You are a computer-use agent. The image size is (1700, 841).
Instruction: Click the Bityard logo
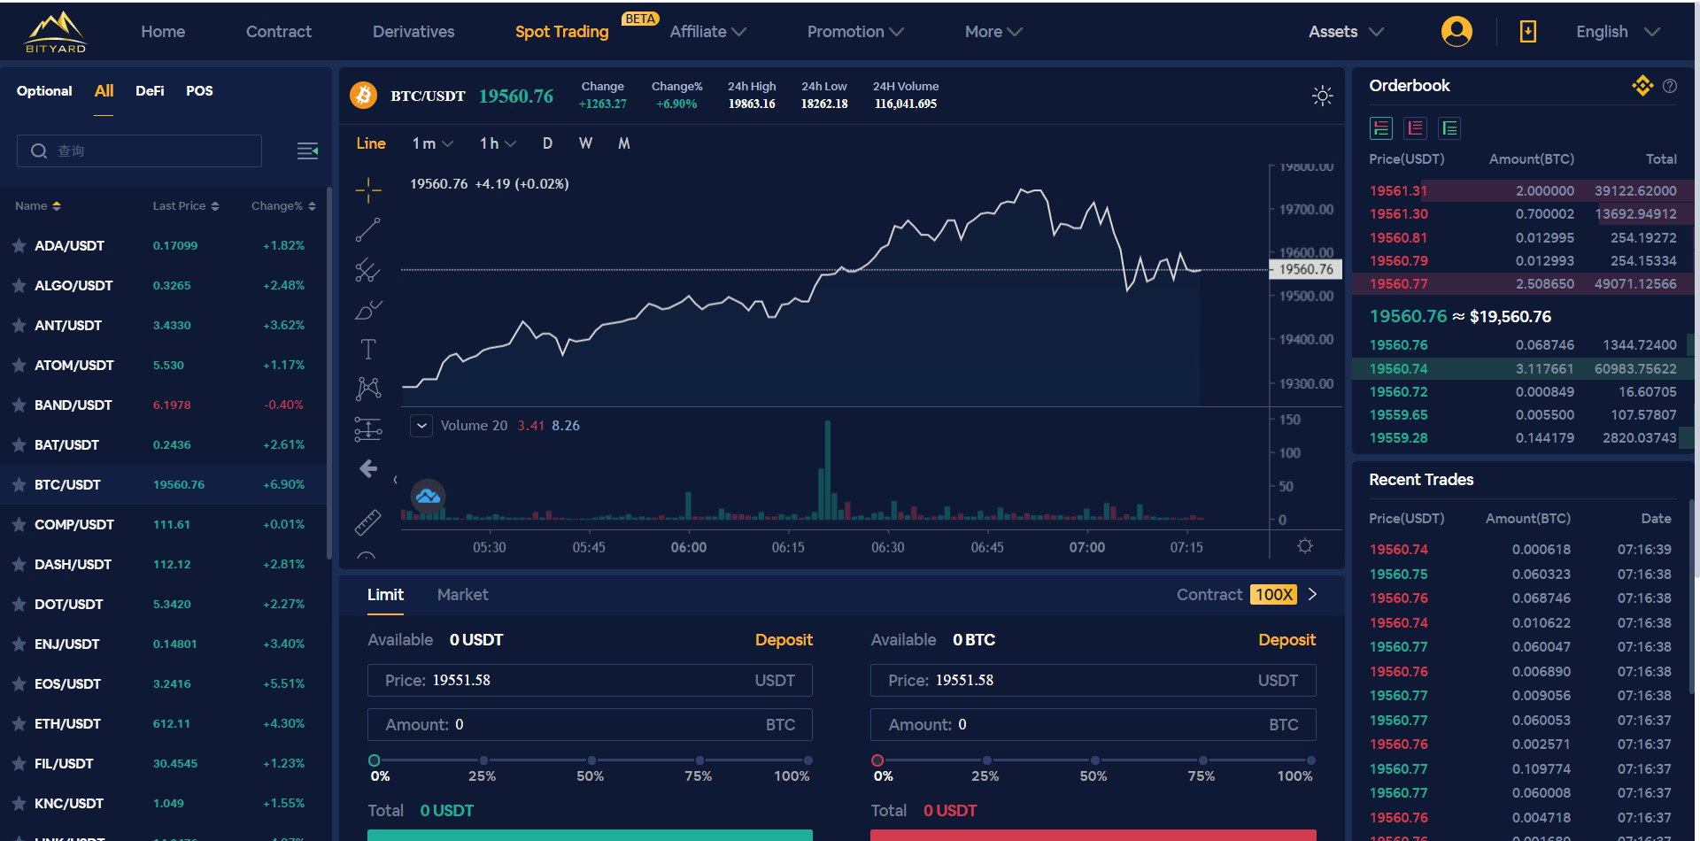coord(56,32)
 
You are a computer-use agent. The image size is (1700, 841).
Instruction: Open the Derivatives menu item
coord(413,32)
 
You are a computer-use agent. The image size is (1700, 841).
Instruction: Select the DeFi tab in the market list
coord(150,90)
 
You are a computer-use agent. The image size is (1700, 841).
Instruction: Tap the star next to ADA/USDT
coord(19,245)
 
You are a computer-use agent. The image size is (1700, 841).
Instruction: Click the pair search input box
coord(139,150)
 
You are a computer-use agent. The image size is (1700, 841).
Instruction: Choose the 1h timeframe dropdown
coord(498,143)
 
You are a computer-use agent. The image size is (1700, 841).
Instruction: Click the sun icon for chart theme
coord(1322,96)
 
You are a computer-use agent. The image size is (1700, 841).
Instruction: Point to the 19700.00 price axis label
coord(1306,209)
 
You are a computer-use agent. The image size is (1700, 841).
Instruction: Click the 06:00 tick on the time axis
coord(689,547)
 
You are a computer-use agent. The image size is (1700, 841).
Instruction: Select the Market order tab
coord(462,595)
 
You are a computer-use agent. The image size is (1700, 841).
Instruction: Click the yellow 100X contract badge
coord(1274,595)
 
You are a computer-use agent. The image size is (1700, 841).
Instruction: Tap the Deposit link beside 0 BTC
coord(1287,640)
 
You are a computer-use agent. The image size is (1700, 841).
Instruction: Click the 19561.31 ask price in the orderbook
coord(1398,190)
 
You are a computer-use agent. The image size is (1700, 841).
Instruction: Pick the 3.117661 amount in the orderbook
coord(1544,368)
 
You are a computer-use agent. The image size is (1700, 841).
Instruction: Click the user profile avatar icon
coord(1457,32)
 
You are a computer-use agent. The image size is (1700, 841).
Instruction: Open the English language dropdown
coord(1617,32)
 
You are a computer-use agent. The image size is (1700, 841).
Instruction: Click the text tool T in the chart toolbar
coord(368,350)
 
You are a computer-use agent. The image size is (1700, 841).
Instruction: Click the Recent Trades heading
coord(1421,480)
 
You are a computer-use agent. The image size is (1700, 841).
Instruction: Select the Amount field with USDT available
coord(590,725)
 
